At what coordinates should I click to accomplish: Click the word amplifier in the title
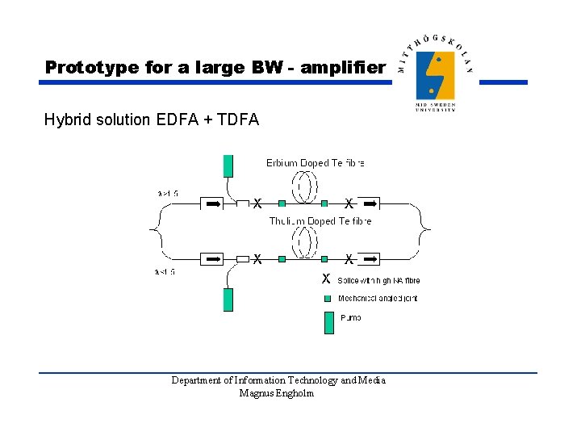click(x=342, y=67)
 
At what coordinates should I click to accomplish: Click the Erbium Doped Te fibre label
click(x=316, y=163)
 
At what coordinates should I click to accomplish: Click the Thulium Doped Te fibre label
click(x=320, y=220)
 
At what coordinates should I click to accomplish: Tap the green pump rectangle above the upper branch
click(x=228, y=165)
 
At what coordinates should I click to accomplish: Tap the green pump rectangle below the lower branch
click(x=228, y=300)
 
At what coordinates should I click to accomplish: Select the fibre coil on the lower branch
click(x=303, y=245)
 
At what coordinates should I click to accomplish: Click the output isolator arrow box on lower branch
click(x=370, y=259)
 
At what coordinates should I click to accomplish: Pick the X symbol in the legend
click(x=325, y=279)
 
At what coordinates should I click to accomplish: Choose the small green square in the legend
click(x=328, y=298)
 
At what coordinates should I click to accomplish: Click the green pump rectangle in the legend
click(x=328, y=322)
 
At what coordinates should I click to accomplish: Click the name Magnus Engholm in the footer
click(x=277, y=393)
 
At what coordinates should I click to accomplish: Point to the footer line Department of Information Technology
click(x=278, y=380)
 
